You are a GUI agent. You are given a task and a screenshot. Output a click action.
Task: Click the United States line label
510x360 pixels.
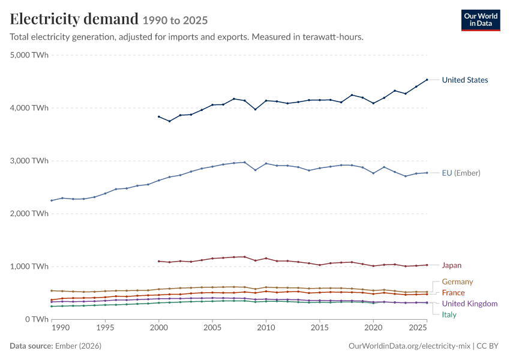pos(465,80)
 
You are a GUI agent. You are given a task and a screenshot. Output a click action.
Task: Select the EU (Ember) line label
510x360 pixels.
pos(461,173)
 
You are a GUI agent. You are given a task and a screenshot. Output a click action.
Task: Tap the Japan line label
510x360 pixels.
pos(451,265)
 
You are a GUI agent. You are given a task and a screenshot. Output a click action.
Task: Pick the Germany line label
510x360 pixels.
pos(457,281)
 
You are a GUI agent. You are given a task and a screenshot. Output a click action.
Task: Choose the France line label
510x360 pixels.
pos(453,293)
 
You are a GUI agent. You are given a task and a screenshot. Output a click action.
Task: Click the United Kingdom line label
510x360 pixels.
pos(470,304)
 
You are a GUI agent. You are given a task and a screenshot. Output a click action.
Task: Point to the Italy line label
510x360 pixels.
pos(449,315)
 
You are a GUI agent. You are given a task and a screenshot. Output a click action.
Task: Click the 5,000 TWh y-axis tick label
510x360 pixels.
pos(29,55)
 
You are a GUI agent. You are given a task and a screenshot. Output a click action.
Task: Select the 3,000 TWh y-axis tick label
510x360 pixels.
pos(29,161)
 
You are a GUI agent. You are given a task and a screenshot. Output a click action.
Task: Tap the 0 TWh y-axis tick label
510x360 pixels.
pos(37,319)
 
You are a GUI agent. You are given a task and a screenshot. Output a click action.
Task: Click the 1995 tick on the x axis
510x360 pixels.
pos(105,328)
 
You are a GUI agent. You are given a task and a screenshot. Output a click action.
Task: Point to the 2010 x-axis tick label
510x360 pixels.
pos(266,328)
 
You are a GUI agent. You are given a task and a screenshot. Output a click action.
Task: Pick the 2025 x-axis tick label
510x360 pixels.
pos(418,328)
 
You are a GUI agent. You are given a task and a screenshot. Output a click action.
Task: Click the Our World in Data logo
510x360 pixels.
pos(481,20)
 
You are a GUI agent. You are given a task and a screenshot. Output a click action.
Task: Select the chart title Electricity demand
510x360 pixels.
pos(74,19)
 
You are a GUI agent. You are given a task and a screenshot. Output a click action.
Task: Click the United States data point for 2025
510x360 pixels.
pos(427,80)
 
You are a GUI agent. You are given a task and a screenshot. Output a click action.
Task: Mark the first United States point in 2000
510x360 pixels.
pos(159,116)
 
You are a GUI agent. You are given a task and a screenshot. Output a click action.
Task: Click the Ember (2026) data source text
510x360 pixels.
pos(78,346)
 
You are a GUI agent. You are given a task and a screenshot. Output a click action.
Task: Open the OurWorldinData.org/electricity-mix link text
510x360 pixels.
pos(409,346)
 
